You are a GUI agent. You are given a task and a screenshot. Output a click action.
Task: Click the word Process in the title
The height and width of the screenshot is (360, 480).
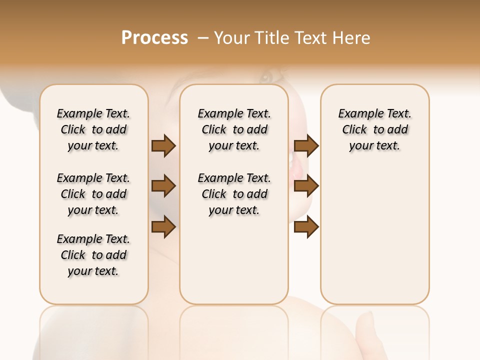[154, 38]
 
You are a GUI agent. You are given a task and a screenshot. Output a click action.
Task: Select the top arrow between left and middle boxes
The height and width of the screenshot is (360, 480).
[163, 146]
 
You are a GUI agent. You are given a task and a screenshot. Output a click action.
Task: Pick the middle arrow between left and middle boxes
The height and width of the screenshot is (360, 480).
[163, 186]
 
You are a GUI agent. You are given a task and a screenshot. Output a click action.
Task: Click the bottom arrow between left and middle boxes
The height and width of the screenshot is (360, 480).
[163, 227]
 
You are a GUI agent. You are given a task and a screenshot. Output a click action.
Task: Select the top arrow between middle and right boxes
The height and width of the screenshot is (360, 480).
[306, 146]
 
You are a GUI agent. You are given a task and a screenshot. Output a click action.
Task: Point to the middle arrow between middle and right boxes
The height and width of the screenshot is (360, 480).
[306, 186]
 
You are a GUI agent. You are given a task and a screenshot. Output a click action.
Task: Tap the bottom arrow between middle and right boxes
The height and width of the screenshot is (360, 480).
[306, 227]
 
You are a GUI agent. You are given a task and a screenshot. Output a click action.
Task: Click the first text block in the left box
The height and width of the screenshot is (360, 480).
[93, 129]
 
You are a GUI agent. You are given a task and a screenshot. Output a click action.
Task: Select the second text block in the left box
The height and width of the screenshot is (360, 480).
[93, 194]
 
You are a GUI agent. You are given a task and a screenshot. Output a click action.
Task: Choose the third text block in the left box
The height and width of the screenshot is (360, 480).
[93, 255]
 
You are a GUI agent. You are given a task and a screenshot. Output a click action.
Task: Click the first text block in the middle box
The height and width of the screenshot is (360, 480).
[234, 129]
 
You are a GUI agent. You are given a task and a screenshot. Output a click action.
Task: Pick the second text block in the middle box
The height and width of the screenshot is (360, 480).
[234, 194]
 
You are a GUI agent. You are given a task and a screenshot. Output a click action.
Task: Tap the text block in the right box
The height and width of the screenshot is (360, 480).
[375, 129]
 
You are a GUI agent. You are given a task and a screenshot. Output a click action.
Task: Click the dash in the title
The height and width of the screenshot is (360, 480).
[202, 38]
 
